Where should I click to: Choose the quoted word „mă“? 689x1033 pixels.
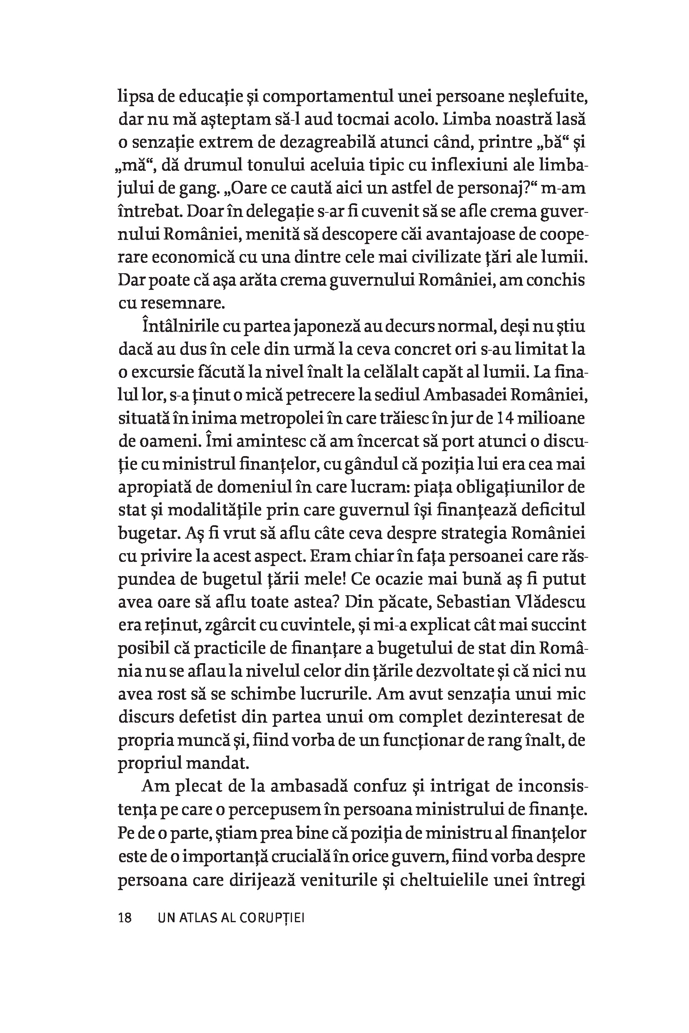134,167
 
